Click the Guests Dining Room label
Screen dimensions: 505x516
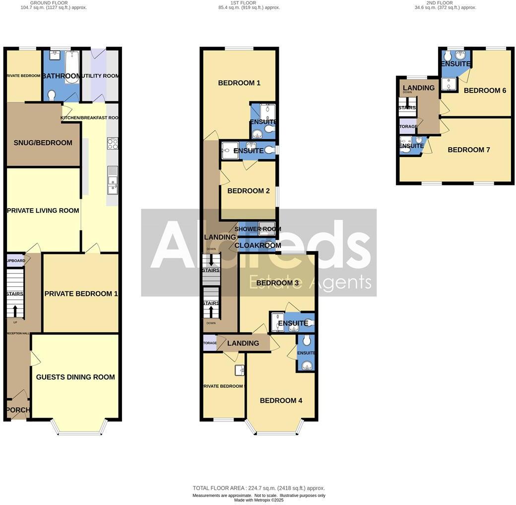click(x=75, y=377)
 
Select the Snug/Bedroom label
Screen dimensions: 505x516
click(x=43, y=143)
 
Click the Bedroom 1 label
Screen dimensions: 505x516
click(x=239, y=83)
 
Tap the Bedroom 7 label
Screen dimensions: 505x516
click(x=469, y=150)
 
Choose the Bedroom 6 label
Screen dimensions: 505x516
click(x=485, y=90)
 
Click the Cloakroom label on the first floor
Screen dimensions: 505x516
click(x=258, y=245)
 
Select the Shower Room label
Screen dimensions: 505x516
click(x=258, y=229)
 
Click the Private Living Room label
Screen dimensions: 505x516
click(x=43, y=210)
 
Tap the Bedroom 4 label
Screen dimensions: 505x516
click(x=281, y=401)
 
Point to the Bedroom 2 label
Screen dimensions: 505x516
click(x=249, y=191)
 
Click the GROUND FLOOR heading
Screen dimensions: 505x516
click(x=49, y=3)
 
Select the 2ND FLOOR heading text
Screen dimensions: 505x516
click(x=440, y=3)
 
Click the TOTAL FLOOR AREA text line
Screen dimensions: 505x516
click(x=258, y=488)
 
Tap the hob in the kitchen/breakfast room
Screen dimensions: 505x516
click(x=112, y=144)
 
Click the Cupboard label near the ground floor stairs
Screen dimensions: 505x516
click(x=16, y=260)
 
